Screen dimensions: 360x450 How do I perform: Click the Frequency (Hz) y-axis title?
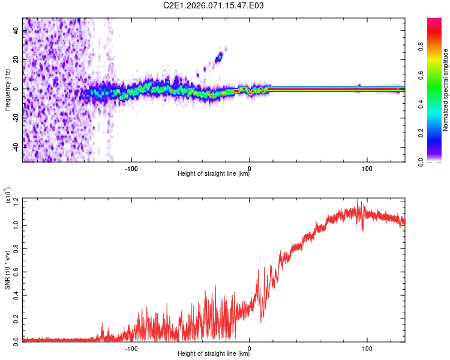click(7, 90)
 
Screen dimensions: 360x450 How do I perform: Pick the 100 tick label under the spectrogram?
click(367, 167)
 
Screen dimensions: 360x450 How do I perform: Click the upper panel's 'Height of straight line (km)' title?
click(213, 174)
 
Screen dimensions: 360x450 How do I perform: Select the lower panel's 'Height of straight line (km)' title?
click(213, 353)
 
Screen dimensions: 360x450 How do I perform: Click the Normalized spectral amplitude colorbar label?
click(446, 90)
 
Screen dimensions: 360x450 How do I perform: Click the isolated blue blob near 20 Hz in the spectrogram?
click(219, 57)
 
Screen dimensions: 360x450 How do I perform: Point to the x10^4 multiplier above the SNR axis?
click(7, 196)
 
